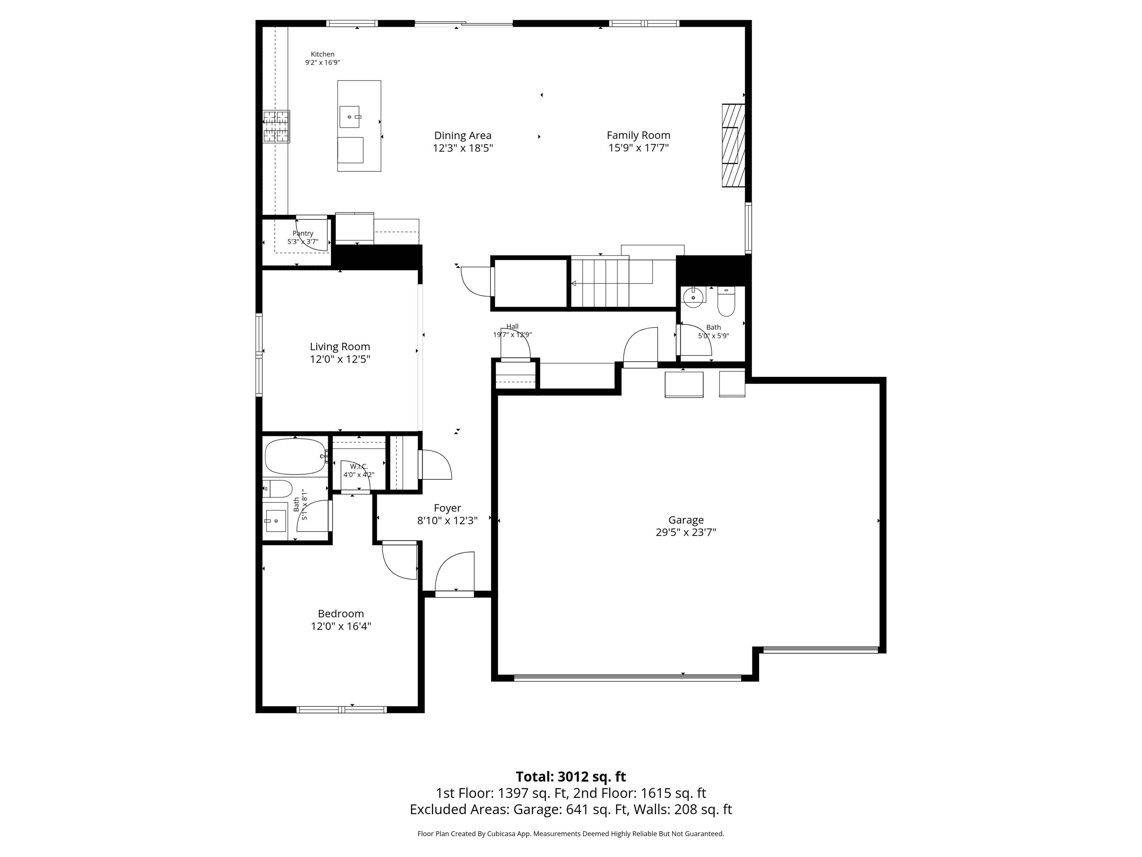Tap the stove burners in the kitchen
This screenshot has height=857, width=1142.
[276, 126]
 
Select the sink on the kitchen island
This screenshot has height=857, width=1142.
[349, 117]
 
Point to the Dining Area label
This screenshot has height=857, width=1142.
[462, 135]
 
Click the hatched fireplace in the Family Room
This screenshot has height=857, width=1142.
[733, 145]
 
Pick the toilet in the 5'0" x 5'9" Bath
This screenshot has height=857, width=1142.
[726, 303]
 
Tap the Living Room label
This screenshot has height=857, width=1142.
[340, 347]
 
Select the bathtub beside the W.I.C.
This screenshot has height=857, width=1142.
[295, 456]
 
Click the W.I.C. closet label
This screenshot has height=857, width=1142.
[359, 466]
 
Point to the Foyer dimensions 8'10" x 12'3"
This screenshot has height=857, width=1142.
[447, 521]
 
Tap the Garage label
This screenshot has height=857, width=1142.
[685, 520]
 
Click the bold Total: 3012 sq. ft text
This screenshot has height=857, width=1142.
[571, 776]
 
